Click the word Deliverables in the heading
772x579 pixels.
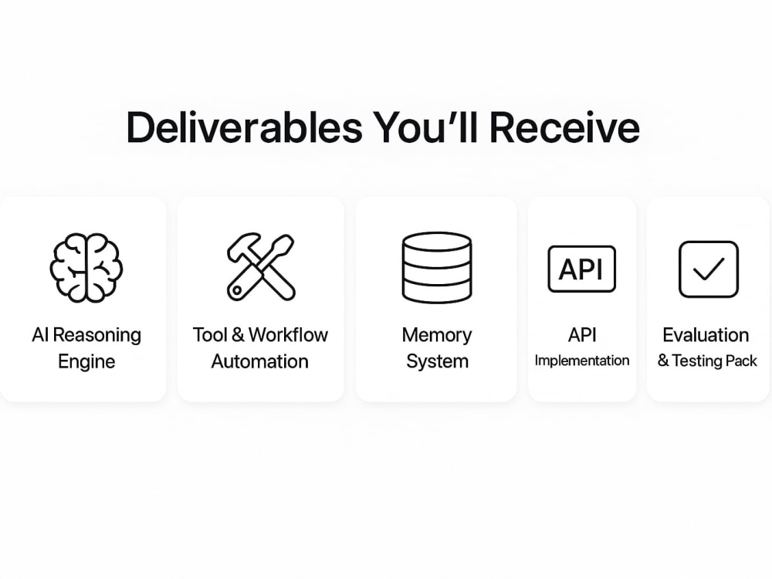[x=244, y=127]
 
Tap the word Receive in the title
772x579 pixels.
[x=564, y=127]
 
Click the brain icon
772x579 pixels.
[x=86, y=267]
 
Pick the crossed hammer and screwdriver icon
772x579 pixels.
[x=261, y=266]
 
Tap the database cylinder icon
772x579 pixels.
[x=437, y=267]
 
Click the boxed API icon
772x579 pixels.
[x=581, y=269]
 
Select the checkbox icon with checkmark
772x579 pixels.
[x=709, y=269]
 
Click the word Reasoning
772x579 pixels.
[x=97, y=335]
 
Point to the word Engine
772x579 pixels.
[x=86, y=361]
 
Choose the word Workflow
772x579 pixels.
[x=288, y=335]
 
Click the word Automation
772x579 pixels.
[x=260, y=361]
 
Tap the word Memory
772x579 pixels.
[x=437, y=335]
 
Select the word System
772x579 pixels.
[x=437, y=361]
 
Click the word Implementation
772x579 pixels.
[x=582, y=361]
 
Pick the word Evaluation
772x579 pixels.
[x=706, y=335]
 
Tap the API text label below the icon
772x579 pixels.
[x=582, y=335]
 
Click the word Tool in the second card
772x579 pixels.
[x=210, y=335]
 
